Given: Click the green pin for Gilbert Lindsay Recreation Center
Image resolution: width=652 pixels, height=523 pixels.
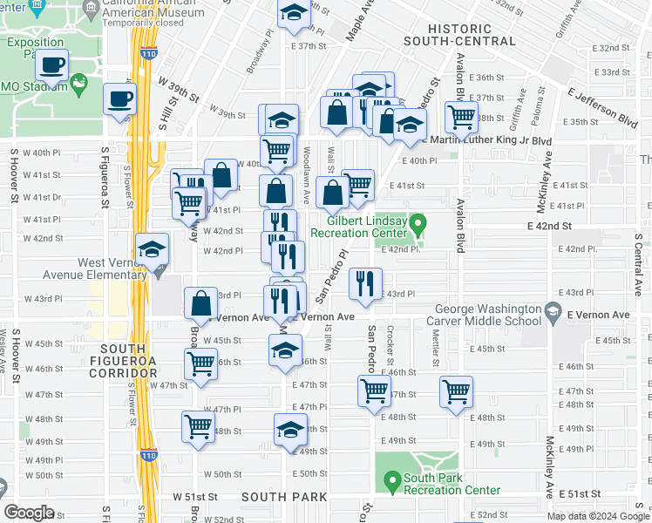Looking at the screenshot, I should point(418,227).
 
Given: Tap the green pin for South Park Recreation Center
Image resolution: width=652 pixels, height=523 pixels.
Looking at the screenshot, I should point(392,479).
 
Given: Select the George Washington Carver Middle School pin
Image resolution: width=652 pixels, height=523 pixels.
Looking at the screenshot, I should point(552,311).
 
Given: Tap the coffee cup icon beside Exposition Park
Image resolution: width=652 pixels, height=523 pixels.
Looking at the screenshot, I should point(52,65).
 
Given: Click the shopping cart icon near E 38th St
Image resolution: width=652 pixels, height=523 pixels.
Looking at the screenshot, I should point(460,116).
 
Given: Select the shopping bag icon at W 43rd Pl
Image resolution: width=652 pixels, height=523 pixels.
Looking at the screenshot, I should point(201,304).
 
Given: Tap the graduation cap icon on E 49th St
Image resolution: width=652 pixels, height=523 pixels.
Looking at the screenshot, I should point(291,429).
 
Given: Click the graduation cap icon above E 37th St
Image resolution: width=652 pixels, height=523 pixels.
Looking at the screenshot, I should point(294,14).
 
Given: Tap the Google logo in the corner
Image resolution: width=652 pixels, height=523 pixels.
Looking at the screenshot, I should point(30,512).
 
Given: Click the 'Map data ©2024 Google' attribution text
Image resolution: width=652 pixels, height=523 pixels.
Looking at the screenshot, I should point(597,516).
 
